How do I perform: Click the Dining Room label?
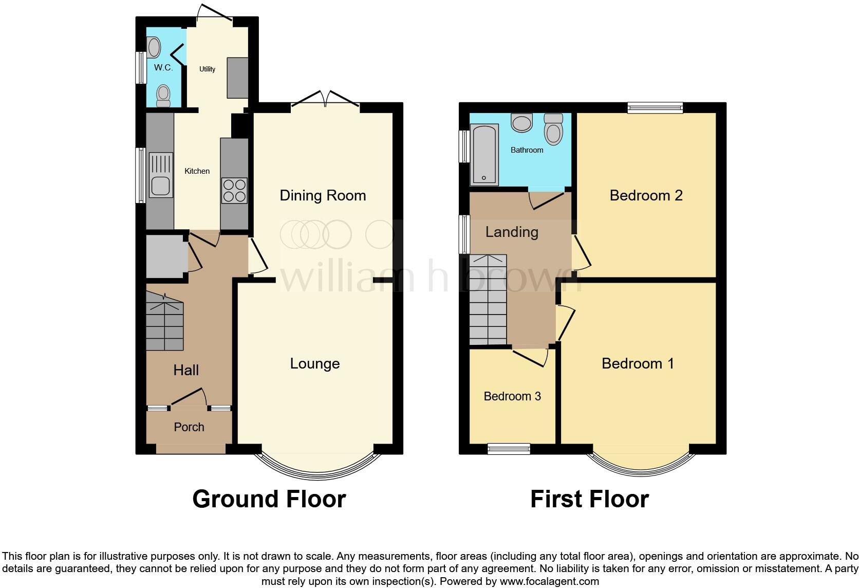click(323, 195)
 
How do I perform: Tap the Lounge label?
click(315, 363)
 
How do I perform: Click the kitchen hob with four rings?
click(234, 190)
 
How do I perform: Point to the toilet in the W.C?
click(163, 96)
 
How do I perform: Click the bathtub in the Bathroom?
click(484, 154)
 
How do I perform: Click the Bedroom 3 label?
click(512, 396)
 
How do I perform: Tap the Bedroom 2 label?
click(646, 195)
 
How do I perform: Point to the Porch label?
click(189, 427)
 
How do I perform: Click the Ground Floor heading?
click(269, 499)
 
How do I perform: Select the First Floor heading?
click(589, 499)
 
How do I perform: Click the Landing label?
click(512, 232)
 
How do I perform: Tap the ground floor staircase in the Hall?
click(164, 322)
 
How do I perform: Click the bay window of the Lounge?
click(318, 470)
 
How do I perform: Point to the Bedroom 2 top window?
click(655, 108)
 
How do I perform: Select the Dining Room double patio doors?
click(325, 101)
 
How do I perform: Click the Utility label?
click(207, 69)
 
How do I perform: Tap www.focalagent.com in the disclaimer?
click(549, 581)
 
